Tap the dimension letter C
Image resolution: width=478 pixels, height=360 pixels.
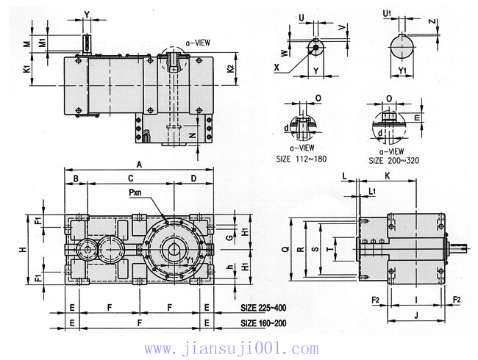[x=130, y=179]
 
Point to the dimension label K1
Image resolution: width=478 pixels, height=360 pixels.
[x=26, y=69]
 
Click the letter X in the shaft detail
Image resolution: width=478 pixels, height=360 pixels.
[x=277, y=67]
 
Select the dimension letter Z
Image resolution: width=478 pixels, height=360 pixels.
[x=432, y=21]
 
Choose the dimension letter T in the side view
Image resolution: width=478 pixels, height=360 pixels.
[x=329, y=250]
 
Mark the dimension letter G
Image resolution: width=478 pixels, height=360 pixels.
[x=230, y=237]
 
